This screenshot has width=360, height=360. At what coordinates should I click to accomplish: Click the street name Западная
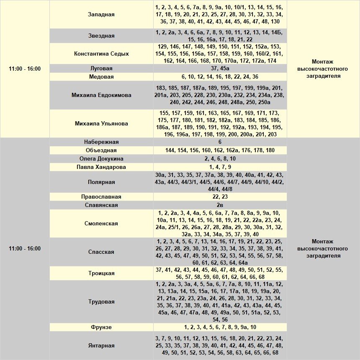101,15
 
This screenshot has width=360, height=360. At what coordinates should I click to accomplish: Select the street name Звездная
101,36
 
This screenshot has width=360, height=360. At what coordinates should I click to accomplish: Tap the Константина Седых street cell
101,54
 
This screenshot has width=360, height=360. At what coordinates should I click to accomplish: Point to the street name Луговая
101,68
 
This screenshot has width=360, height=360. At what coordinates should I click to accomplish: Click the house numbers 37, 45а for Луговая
220,68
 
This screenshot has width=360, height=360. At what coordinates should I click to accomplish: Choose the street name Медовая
101,77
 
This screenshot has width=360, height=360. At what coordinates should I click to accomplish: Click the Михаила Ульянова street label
101,124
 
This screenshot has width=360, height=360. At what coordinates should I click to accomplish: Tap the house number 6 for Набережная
220,142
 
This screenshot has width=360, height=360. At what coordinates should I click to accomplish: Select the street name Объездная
101,151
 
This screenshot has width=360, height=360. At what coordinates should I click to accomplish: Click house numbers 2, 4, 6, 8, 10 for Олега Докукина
220,159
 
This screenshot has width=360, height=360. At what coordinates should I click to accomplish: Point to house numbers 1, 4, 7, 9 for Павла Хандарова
220,167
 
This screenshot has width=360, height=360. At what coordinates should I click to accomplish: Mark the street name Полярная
101,182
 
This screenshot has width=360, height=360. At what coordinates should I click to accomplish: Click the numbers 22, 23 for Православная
220,197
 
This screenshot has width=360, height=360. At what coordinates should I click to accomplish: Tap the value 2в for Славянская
220,205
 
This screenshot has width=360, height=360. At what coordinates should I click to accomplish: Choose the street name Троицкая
101,273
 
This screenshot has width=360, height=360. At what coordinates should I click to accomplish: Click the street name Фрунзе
101,327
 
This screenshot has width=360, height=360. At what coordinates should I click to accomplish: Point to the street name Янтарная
101,346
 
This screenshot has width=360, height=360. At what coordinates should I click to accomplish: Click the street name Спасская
101,252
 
